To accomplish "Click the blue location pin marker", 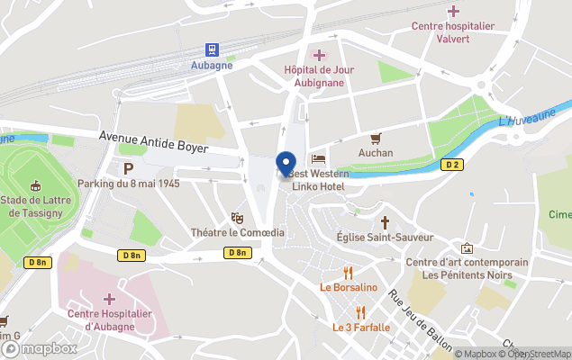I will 286,164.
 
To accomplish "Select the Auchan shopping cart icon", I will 376,138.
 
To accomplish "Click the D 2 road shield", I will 452,165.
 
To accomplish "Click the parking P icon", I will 128,168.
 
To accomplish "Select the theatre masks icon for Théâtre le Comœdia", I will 237,217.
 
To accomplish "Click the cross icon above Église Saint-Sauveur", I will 385,221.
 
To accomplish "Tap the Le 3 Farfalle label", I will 361,327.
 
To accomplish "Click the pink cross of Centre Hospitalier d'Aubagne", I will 109,298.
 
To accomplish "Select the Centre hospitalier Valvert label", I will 453,32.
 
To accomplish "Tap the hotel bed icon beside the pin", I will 317,159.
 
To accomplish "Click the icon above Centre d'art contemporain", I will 466,247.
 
